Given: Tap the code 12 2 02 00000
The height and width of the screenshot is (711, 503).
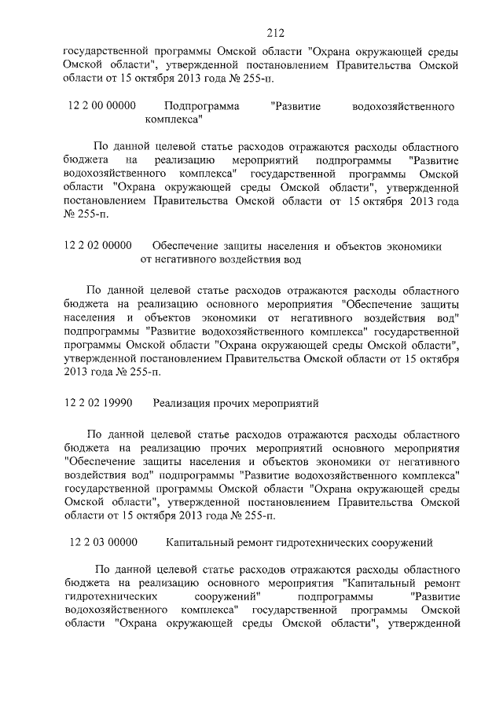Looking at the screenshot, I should click(x=97, y=246).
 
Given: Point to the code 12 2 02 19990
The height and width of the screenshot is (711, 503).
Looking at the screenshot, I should click(x=97, y=403).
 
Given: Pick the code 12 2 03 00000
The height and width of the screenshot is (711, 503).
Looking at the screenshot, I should click(x=103, y=542).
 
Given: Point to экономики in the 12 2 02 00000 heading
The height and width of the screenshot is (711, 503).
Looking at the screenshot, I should click(x=413, y=246).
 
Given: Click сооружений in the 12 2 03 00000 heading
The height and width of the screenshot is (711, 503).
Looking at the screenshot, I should click(x=397, y=542).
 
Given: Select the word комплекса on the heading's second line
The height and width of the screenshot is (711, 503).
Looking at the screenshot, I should click(x=172, y=120).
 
